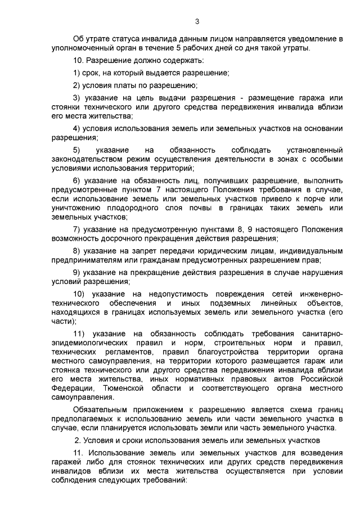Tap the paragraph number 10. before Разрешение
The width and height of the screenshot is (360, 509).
[x=80, y=61]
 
